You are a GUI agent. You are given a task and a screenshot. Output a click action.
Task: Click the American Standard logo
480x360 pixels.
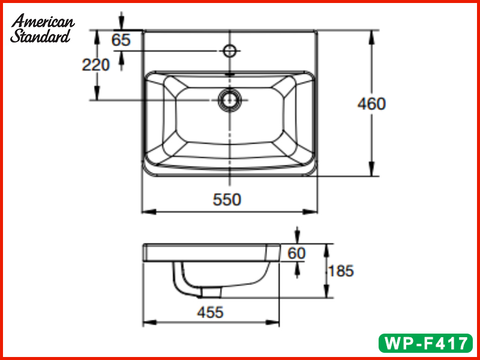pyautogui.click(x=42, y=29)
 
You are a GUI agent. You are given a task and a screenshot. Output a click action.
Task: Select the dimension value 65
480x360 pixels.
pyautogui.click(x=121, y=40)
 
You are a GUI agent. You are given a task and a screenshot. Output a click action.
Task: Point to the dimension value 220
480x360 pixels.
pyautogui.click(x=96, y=65)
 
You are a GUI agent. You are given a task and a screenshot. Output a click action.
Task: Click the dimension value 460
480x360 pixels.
pyautogui.click(x=371, y=104)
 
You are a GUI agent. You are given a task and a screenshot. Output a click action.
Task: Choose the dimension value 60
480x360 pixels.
pyautogui.click(x=296, y=253)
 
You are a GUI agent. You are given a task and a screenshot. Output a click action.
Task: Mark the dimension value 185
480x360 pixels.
pyautogui.click(x=340, y=271)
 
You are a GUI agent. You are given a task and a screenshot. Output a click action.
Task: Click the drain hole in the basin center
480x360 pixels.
pyautogui.click(x=229, y=99)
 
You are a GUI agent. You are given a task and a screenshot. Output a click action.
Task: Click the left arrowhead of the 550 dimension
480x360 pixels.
pyautogui.click(x=146, y=211)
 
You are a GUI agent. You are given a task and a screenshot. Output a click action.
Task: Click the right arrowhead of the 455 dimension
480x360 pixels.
pyautogui.click(x=276, y=323)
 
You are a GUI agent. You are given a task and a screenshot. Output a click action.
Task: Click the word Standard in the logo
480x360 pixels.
pyautogui.click(x=40, y=36)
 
